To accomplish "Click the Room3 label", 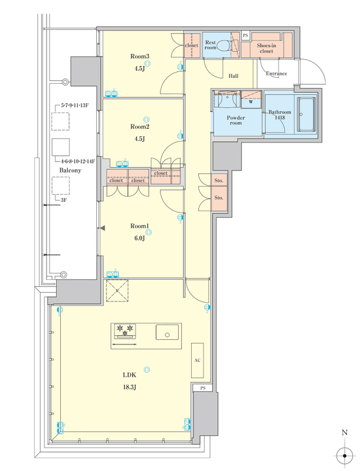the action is click(140, 56).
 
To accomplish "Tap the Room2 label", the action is click(140, 127).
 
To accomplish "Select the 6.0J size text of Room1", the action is click(140, 238).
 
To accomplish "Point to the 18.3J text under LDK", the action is click(129, 387).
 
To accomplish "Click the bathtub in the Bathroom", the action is click(306, 114).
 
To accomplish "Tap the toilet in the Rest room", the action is click(223, 45).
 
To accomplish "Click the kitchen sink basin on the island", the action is click(167, 332).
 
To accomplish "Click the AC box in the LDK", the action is click(198, 360).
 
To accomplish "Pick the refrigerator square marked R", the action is click(117, 291).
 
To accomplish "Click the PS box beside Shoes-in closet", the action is click(246, 35).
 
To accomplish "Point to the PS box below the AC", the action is click(203, 388).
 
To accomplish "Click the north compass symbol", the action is click(345, 456).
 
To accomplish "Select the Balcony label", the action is click(70, 171).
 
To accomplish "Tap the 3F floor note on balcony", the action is click(64, 200).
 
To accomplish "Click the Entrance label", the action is click(276, 73).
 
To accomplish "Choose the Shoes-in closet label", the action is click(266, 48).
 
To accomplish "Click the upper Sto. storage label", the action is click(219, 181).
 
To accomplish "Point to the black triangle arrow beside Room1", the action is click(103, 228).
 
